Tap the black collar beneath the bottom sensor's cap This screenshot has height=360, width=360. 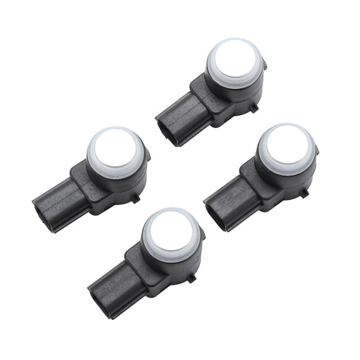[x=175, y=262]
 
